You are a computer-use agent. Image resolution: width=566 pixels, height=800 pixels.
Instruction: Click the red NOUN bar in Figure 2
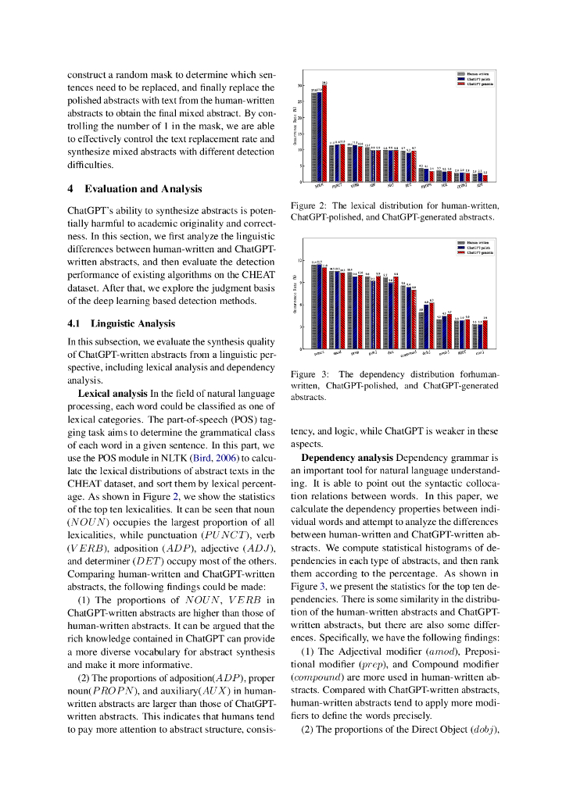(324, 133)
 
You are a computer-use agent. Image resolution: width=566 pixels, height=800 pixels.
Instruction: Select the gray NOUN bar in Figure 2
(313, 137)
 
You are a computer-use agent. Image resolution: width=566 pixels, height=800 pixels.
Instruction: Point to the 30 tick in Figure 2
(301, 85)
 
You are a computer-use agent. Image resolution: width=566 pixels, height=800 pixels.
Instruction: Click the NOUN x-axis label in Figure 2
(318, 187)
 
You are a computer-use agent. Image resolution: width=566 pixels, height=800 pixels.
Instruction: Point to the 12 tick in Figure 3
(301, 261)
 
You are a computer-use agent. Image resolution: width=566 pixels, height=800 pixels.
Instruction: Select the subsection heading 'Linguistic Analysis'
(132, 323)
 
